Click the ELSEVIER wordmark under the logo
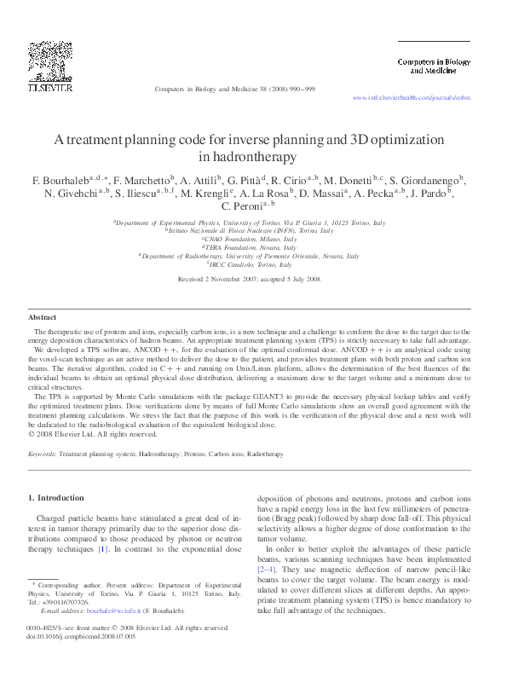coord(49,86)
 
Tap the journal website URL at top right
coord(411,99)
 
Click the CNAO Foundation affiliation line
coord(253,240)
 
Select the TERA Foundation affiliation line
coord(253,247)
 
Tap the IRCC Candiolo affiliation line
coord(253,264)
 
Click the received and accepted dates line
coord(253,279)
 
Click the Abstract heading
coord(43,317)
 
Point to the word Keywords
coord(43,454)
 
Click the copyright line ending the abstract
coord(82,433)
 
